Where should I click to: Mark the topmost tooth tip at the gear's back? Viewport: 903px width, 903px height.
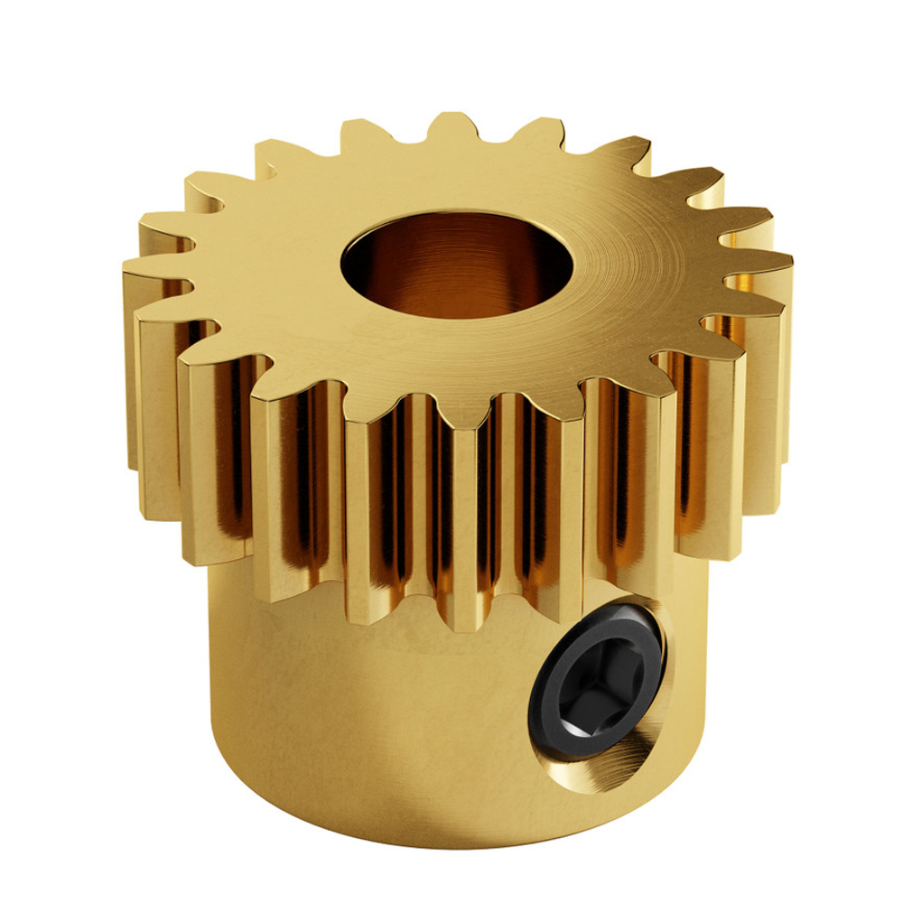[x=450, y=122]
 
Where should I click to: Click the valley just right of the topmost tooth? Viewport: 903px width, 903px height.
[x=495, y=135]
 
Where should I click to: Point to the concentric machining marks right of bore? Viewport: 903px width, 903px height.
[x=632, y=262]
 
